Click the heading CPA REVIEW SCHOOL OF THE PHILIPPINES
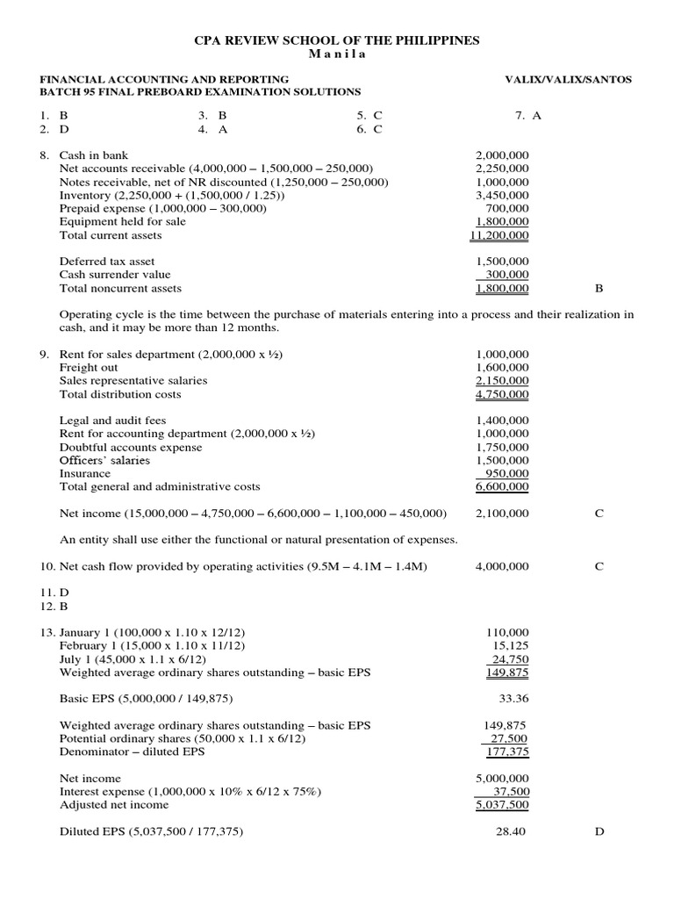click(x=337, y=41)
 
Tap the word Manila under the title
click(x=337, y=54)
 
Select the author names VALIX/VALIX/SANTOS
click(x=568, y=79)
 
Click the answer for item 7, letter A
click(x=536, y=115)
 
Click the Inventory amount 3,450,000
click(x=502, y=195)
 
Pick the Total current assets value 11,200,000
click(x=499, y=235)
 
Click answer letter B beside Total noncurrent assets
click(x=599, y=288)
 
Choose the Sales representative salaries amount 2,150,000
click(x=502, y=381)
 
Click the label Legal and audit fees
click(x=112, y=421)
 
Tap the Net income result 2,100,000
click(x=502, y=514)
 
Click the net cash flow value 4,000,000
click(x=502, y=566)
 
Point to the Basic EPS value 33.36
click(x=513, y=699)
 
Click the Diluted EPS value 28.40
click(x=511, y=831)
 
